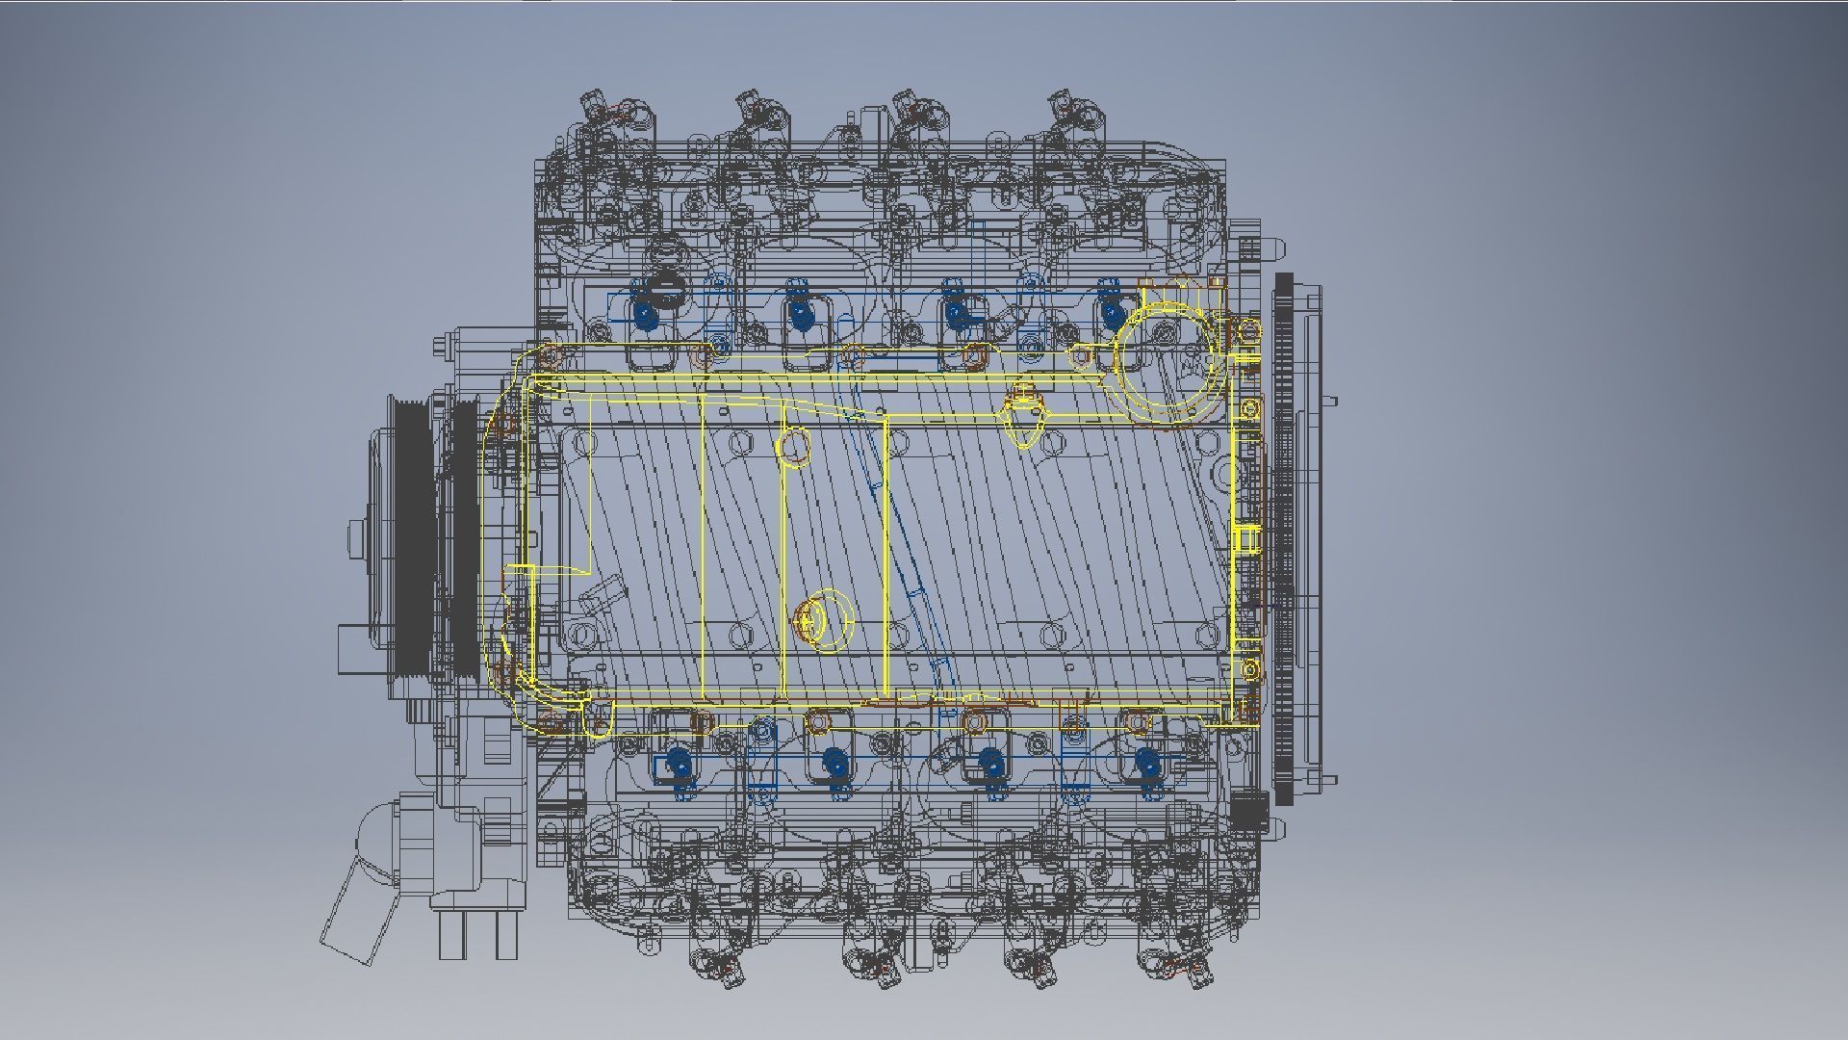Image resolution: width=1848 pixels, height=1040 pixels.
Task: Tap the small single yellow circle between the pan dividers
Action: (794, 447)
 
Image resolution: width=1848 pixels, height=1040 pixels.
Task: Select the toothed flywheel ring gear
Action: (1283, 539)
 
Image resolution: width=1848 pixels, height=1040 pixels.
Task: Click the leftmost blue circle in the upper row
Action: (644, 313)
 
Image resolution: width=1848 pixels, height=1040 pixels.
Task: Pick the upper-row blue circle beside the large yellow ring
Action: (1111, 313)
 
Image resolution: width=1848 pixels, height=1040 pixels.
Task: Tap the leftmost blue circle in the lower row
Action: (680, 763)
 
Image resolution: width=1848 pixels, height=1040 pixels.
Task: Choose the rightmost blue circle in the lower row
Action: (1145, 763)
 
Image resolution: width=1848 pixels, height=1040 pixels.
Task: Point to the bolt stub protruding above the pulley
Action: (442, 346)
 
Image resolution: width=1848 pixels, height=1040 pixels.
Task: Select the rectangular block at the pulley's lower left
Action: (354, 648)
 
